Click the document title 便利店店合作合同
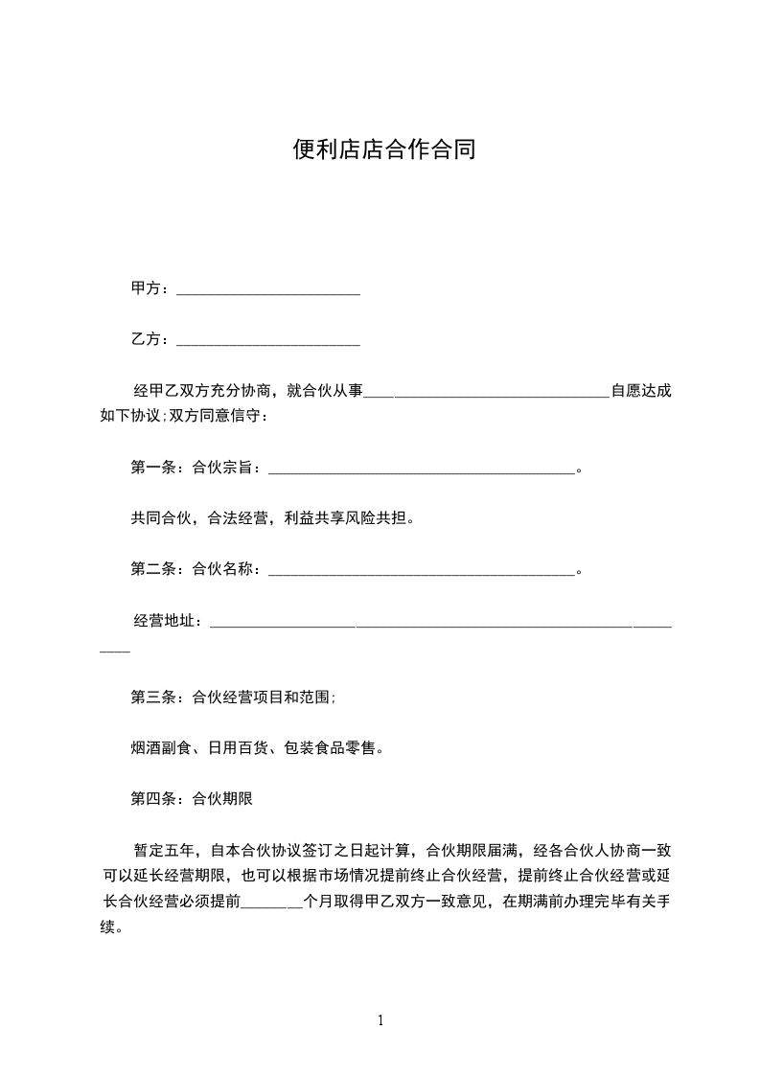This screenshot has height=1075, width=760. [383, 150]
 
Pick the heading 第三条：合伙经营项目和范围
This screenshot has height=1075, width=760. [232, 698]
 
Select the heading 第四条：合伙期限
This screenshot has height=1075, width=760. [191, 797]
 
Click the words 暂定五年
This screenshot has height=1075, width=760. [164, 850]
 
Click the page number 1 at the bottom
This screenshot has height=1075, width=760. [380, 1020]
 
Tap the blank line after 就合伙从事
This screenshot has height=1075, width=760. [487, 393]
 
